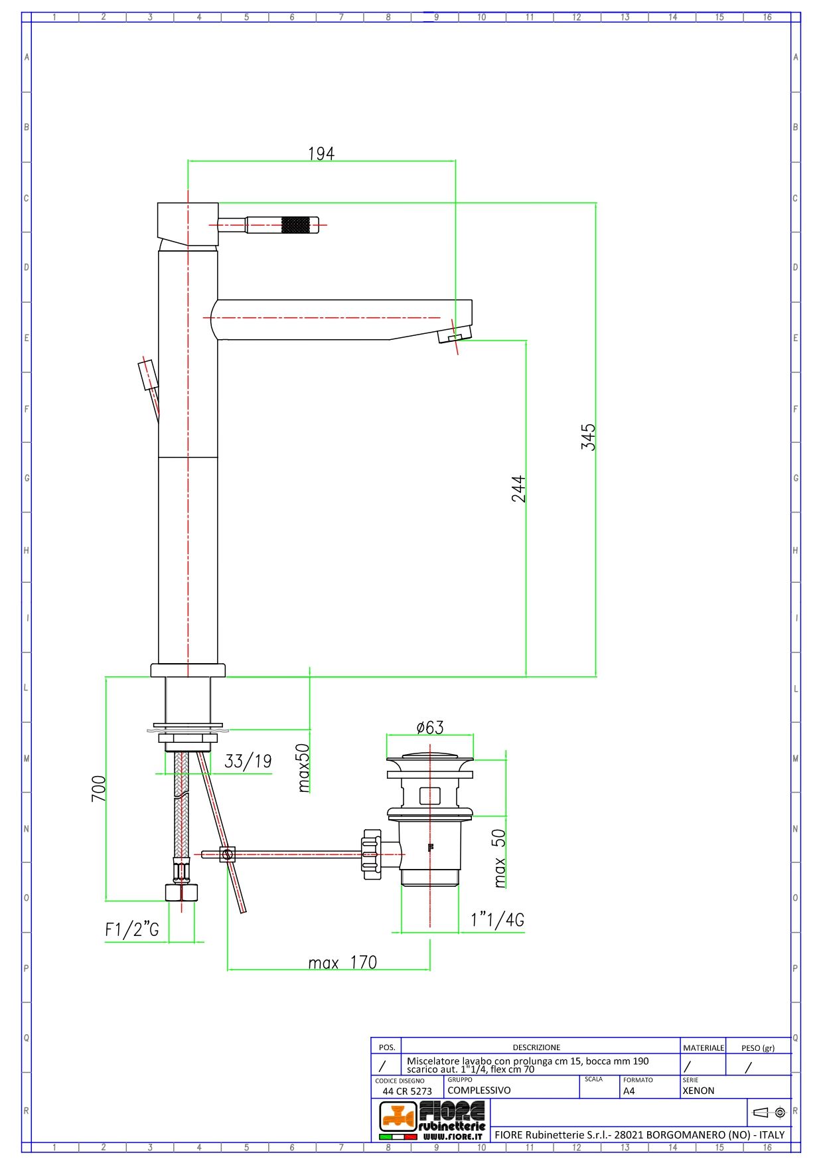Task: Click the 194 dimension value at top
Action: click(x=321, y=153)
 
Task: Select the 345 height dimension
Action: click(x=588, y=437)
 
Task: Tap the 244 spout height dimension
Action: click(x=518, y=489)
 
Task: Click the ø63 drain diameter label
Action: click(x=430, y=728)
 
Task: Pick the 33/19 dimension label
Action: click(x=248, y=761)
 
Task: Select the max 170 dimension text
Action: click(x=342, y=963)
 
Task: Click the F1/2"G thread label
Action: click(x=132, y=929)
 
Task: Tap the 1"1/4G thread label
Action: click(x=497, y=919)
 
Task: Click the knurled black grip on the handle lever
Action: click(x=295, y=225)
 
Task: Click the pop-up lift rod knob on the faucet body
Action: click(x=147, y=375)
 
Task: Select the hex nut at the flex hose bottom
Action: click(x=181, y=892)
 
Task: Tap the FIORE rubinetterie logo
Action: click(x=432, y=1120)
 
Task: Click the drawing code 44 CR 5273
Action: click(x=407, y=1091)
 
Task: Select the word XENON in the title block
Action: click(x=698, y=1091)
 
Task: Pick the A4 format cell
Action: click(x=629, y=1091)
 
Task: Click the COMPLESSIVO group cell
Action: click(x=479, y=1090)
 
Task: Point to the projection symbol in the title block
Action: click(x=769, y=1113)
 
